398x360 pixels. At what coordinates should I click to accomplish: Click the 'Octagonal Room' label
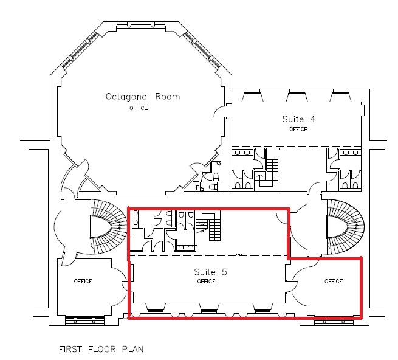(x=143, y=97)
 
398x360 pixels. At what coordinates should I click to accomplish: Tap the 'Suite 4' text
(x=299, y=119)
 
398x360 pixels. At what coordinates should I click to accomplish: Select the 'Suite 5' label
(x=210, y=272)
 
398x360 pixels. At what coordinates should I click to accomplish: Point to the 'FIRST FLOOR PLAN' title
(x=101, y=349)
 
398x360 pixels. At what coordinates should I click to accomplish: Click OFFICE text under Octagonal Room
(x=139, y=108)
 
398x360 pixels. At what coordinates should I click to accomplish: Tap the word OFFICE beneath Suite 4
(x=298, y=130)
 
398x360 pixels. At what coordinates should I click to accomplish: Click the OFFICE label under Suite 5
(x=206, y=281)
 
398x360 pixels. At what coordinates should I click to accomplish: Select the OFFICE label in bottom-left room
(x=83, y=281)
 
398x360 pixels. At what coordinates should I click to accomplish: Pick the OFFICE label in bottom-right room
(x=334, y=281)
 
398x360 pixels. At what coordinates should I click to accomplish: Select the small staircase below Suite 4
(x=272, y=170)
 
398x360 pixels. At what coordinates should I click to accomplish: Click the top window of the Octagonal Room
(x=141, y=25)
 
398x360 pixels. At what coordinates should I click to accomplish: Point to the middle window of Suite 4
(x=297, y=91)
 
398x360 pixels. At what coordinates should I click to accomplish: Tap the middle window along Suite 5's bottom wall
(x=209, y=311)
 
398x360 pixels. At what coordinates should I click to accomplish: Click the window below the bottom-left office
(x=84, y=320)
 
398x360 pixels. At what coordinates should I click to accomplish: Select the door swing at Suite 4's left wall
(x=219, y=112)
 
